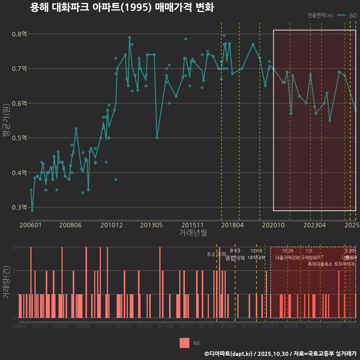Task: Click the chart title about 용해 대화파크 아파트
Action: click(122, 8)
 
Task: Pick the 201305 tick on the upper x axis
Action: click(151, 225)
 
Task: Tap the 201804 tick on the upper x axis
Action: click(232, 225)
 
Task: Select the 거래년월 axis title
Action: click(193, 232)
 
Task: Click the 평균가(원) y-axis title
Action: click(6, 121)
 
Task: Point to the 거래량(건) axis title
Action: click(6, 282)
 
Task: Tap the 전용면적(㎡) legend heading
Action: click(321, 15)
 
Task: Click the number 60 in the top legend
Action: click(353, 15)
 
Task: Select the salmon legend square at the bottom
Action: click(184, 343)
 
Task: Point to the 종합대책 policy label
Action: click(235, 258)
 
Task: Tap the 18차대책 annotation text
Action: click(256, 258)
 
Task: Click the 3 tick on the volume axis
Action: click(13, 247)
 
